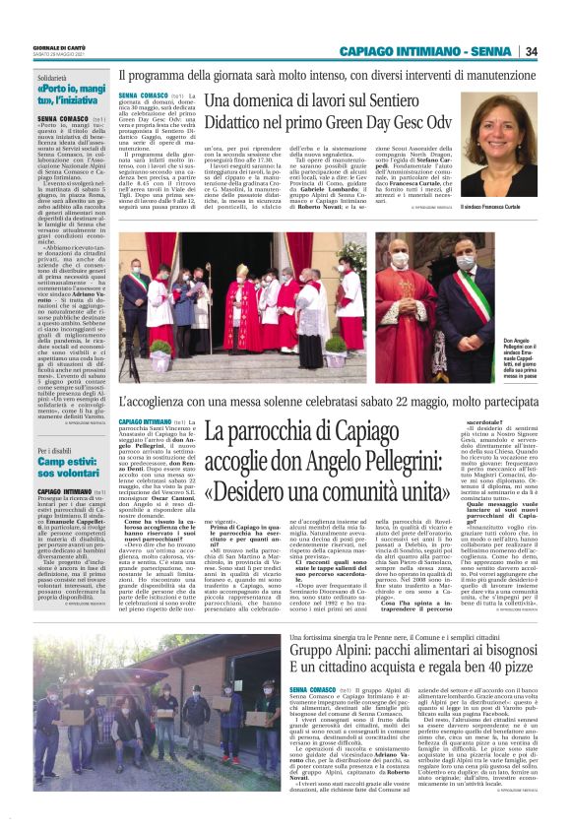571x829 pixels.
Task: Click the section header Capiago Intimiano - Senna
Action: click(x=426, y=51)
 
